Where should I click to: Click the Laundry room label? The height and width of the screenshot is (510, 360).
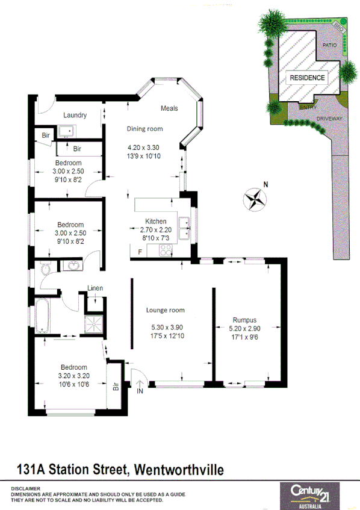(x=75, y=115)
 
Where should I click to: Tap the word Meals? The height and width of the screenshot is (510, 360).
(x=169, y=108)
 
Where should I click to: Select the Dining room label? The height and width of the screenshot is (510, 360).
(x=144, y=129)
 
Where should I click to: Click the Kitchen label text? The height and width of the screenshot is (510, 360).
(x=147, y=222)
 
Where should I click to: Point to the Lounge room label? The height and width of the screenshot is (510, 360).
(x=165, y=311)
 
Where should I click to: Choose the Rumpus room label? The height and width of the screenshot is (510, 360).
(x=244, y=320)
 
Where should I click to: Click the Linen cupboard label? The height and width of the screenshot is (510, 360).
(x=95, y=288)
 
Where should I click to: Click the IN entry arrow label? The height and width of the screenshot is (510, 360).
(x=140, y=391)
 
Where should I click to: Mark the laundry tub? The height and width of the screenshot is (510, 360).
(x=66, y=131)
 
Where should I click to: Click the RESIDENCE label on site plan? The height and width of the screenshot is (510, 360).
(x=307, y=78)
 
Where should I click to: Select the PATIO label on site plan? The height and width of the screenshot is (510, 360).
(x=329, y=45)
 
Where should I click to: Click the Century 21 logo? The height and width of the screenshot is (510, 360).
(x=313, y=493)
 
